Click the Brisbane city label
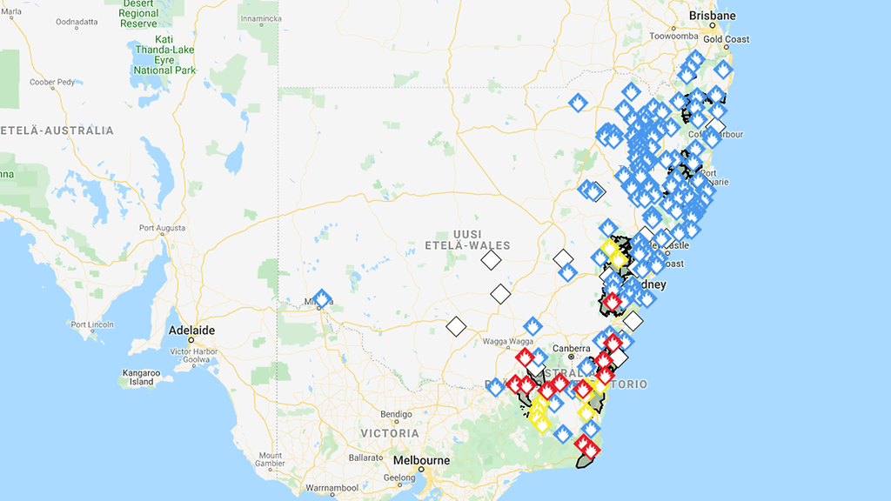coord(711,16)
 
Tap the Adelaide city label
coord(191,331)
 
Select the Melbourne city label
coord(422,460)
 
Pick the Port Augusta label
coord(161,229)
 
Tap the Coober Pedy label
coord(50,83)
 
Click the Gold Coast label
coord(727,39)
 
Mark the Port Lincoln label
coord(92,324)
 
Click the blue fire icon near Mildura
coord(322,299)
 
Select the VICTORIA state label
coord(390,433)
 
